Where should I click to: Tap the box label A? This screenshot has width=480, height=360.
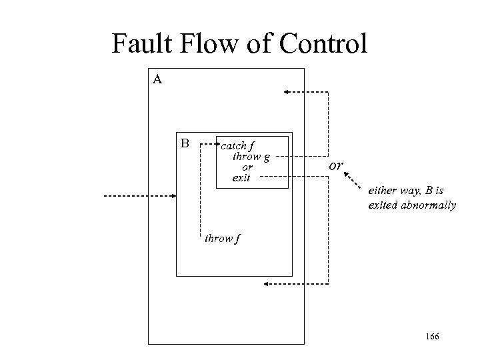157,79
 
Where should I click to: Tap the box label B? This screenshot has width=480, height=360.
185,142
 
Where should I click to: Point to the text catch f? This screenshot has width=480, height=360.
238,145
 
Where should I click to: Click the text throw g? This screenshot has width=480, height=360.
251,157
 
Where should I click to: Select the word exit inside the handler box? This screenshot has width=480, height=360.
241,178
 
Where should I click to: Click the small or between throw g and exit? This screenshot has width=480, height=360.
247,167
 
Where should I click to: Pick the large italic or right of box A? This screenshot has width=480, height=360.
337,164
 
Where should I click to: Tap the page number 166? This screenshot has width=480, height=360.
431,338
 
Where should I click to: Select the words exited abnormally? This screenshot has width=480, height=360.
411,205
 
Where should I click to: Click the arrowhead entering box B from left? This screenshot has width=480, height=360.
173,196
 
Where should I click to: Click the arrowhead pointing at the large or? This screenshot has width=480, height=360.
347,175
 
